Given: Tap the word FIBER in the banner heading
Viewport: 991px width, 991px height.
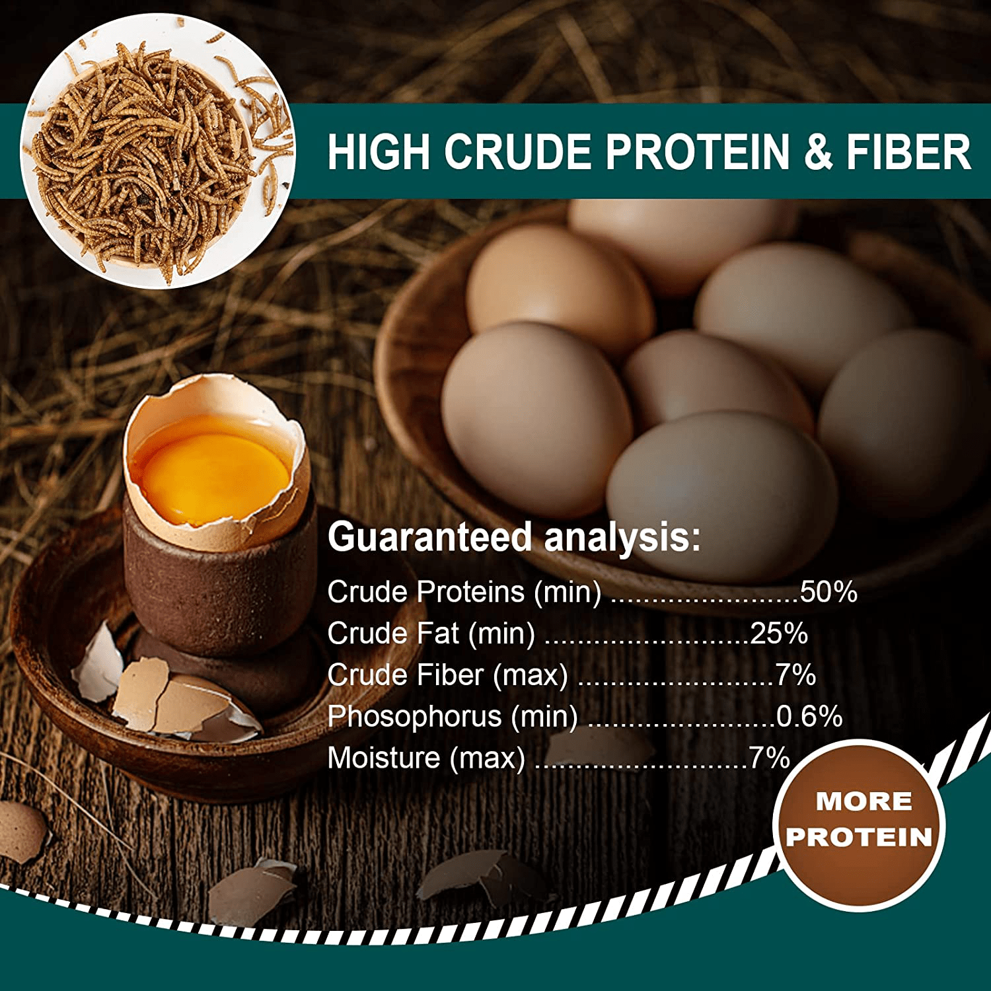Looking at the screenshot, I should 908,152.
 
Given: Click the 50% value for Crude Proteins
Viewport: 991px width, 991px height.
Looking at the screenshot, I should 828,591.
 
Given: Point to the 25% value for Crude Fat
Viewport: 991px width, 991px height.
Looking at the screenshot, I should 779,633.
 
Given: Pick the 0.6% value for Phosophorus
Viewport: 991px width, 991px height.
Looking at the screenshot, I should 809,716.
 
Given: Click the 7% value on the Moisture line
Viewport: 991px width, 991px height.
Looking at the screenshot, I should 769,758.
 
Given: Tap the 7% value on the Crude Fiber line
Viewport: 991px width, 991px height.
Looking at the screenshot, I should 795,675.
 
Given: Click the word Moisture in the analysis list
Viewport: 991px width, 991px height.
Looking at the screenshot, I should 384,758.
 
